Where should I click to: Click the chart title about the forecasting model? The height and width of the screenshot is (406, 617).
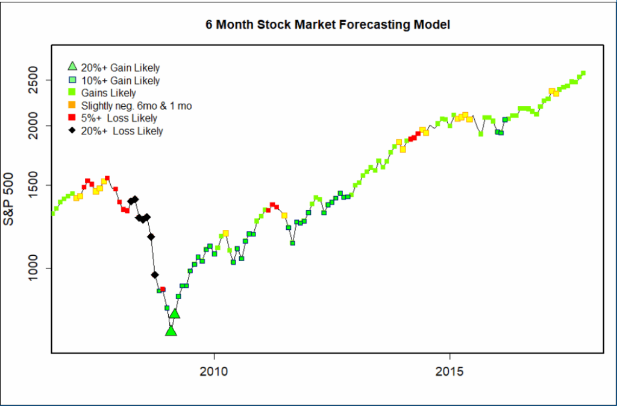coord(328,25)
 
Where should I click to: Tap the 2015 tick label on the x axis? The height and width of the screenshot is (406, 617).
coord(449,369)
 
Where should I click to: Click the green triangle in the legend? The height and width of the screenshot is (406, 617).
coord(72,67)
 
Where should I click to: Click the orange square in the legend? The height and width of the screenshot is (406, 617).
coord(72,106)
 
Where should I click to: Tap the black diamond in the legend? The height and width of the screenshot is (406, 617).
coord(72,130)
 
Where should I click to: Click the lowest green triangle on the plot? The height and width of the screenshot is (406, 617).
coord(171,331)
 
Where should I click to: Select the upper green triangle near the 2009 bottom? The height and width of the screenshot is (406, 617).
coord(175,313)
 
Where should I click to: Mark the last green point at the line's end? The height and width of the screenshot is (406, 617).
coord(583,73)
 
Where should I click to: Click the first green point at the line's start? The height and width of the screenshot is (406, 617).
coord(53,213)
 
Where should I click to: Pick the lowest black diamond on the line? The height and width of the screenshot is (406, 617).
coord(155,275)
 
